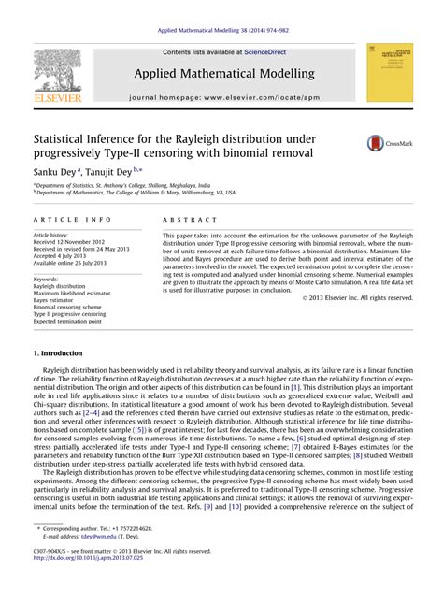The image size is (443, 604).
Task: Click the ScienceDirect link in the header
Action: [264, 52]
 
